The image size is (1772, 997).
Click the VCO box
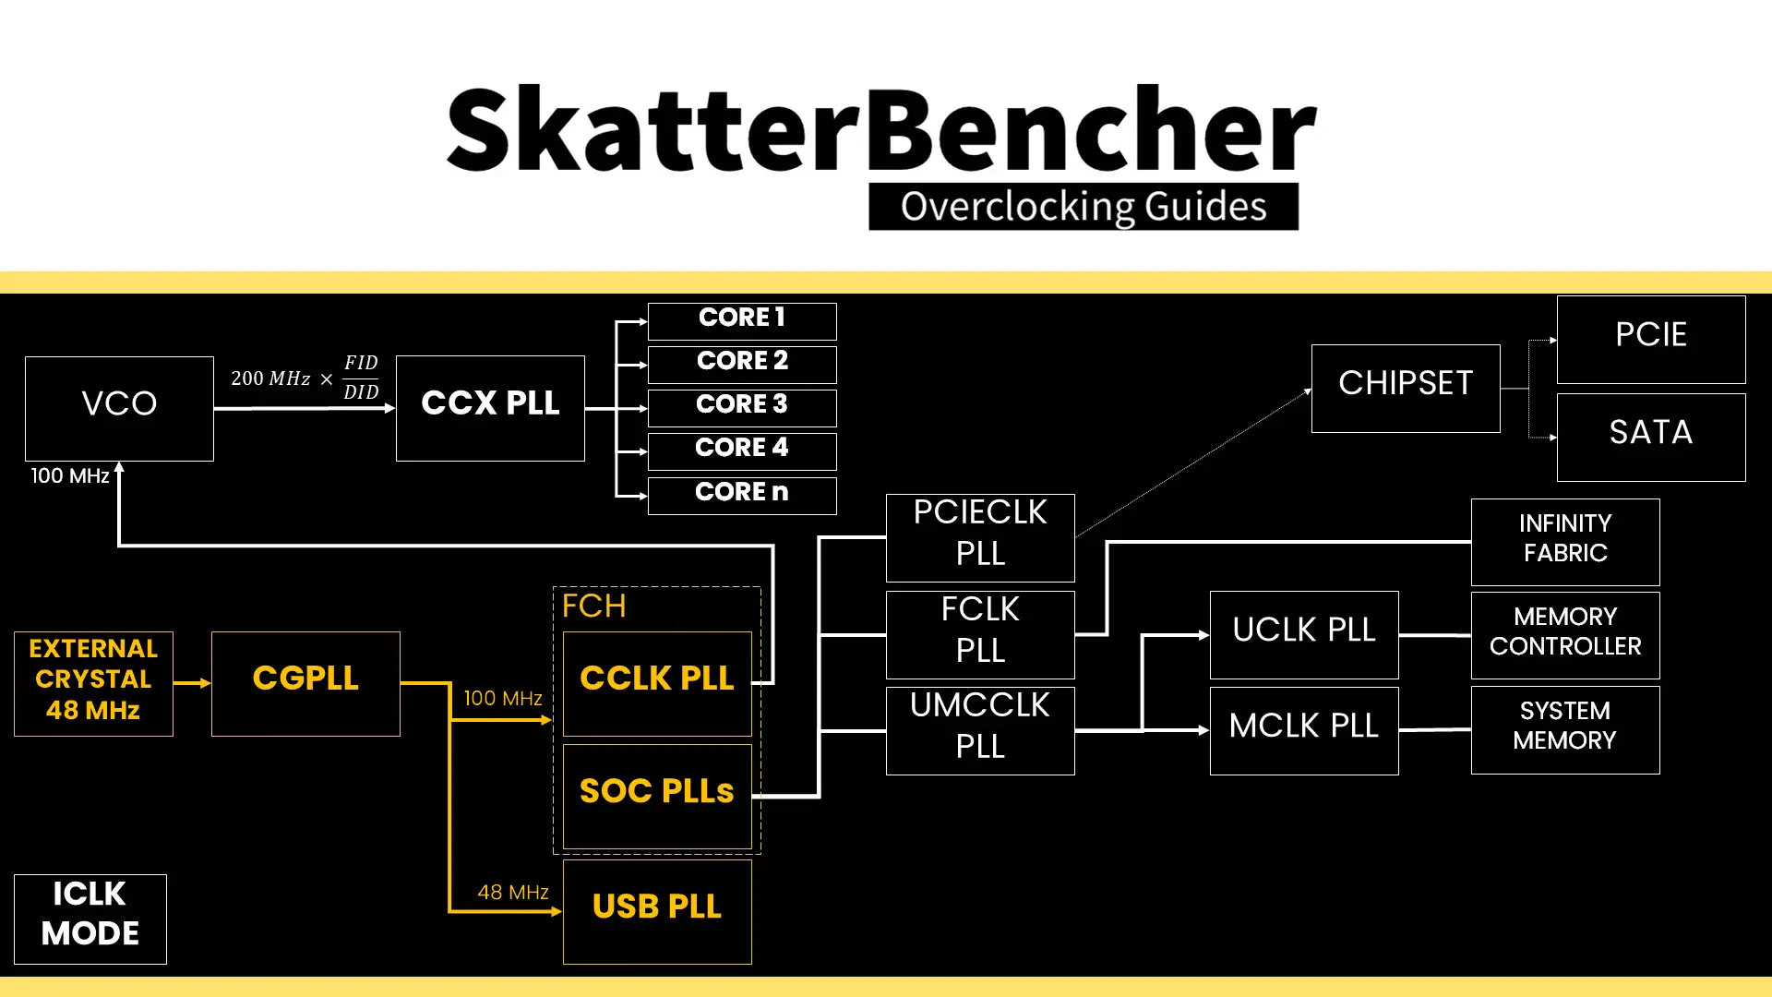(119, 408)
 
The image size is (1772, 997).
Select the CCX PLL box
(490, 408)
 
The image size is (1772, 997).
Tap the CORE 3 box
(742, 407)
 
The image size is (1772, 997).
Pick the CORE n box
(742, 495)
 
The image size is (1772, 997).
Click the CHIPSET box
(1406, 388)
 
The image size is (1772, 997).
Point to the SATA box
(1651, 437)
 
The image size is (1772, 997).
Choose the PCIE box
(1651, 339)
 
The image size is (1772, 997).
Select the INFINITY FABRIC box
(1565, 542)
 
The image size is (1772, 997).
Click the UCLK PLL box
(1304, 634)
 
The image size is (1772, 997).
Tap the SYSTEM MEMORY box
(1565, 729)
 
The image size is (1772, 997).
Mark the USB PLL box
(657, 911)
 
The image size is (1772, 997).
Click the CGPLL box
(305, 683)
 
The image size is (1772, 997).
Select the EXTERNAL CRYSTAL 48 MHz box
(93, 683)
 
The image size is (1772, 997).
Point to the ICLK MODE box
(90, 919)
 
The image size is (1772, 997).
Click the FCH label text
(594, 607)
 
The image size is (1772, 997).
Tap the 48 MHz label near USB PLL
(513, 892)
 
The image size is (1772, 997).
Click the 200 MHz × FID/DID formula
(305, 378)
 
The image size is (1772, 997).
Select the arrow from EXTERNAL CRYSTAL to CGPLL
(192, 683)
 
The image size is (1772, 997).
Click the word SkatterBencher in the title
(881, 129)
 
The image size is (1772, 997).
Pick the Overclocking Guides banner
(1084, 207)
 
